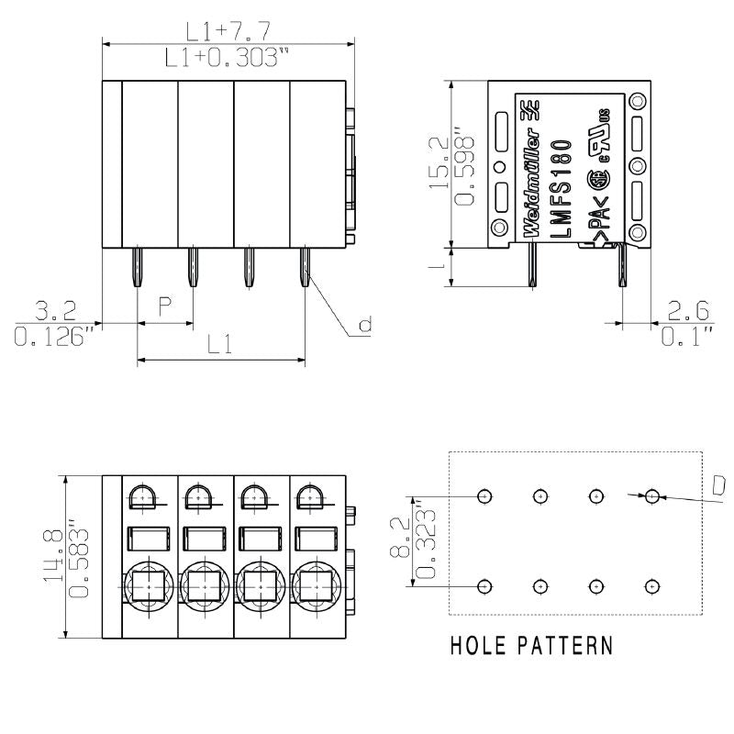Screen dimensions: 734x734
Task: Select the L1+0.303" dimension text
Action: [227, 59]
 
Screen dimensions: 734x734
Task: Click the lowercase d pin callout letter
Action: [364, 325]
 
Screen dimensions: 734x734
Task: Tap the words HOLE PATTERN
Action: [531, 646]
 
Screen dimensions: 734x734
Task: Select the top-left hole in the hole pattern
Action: [484, 496]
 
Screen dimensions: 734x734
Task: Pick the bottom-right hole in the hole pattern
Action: [651, 585]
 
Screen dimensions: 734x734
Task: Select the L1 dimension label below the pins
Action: [218, 346]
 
